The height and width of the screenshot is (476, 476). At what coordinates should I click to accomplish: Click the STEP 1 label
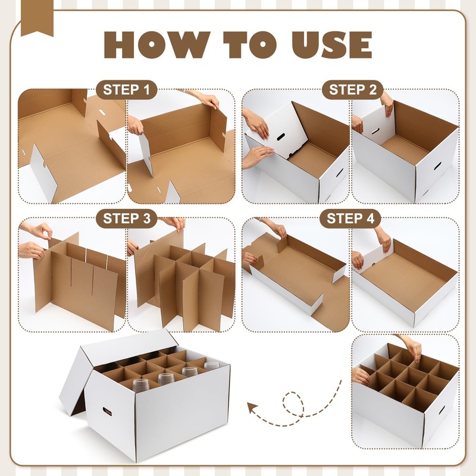[x=126, y=90]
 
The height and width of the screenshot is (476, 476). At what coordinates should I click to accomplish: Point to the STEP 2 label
[x=353, y=90]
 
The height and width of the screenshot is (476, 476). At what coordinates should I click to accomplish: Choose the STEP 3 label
[x=126, y=218]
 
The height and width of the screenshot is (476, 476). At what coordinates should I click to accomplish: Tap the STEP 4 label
[x=353, y=218]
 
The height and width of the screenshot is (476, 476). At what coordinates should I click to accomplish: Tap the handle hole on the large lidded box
[x=108, y=411]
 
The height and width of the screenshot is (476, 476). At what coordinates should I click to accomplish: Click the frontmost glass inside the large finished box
[x=140, y=384]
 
